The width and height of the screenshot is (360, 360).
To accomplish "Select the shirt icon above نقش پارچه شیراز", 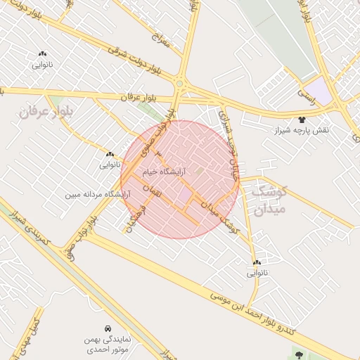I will (x=303, y=120).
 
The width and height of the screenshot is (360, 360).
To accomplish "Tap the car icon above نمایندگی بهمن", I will (x=107, y=328).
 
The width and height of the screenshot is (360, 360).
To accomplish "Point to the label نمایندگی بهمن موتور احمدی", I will (x=107, y=344).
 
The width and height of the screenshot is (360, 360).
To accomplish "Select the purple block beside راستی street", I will (x=321, y=89).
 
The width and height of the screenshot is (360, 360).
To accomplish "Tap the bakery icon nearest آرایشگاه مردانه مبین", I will (x=110, y=155).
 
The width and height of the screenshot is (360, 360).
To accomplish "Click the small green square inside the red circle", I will (x=199, y=171).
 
